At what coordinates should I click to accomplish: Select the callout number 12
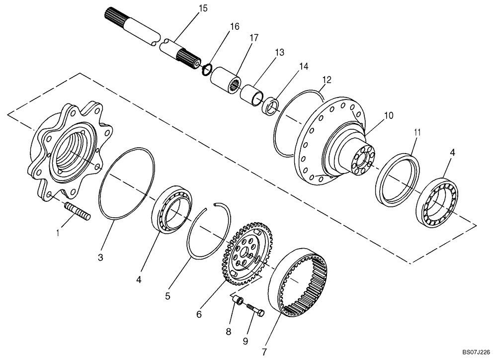pos(326,79)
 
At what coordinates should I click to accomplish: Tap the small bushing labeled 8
pos(239,300)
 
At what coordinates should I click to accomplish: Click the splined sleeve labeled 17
pos(225,80)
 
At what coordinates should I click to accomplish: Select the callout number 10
pos(388,115)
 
